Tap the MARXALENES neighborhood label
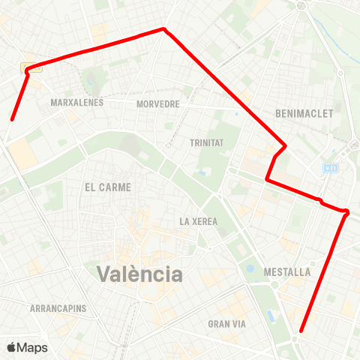point(76,102)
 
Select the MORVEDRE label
point(158,104)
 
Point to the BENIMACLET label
point(304,112)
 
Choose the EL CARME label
point(108,187)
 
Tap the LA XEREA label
point(199,221)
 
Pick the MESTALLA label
point(287,271)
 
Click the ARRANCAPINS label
point(58,308)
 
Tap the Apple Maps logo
point(27,347)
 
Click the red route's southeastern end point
point(301,331)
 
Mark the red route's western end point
point(12,118)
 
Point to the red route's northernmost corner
point(163,29)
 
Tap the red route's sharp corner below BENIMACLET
point(285,145)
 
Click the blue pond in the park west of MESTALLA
point(250,268)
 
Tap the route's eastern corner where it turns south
point(347,212)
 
